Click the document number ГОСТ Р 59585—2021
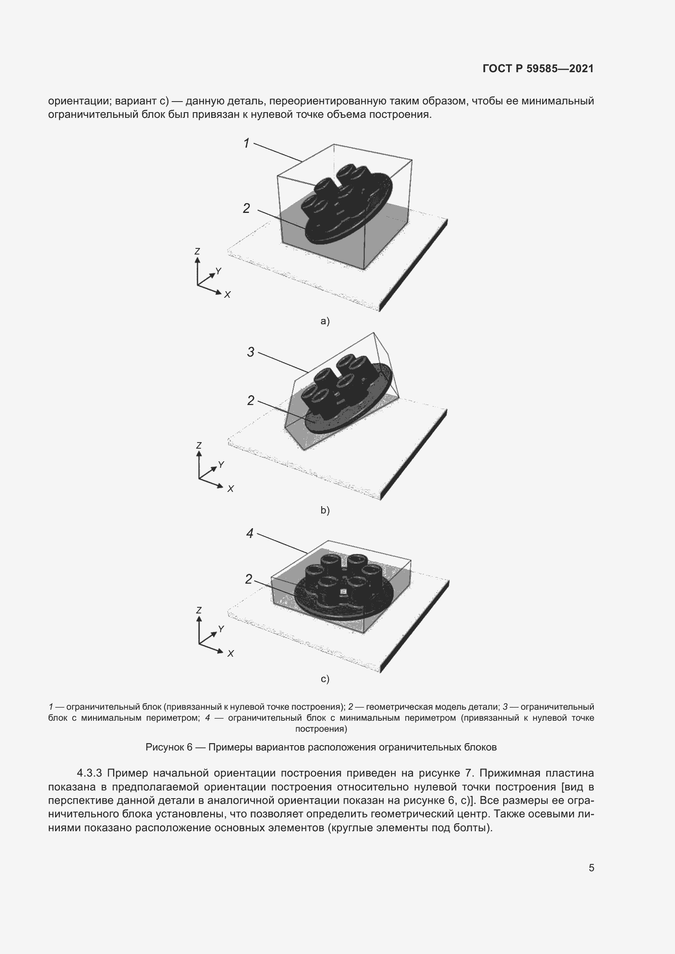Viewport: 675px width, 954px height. pos(538,69)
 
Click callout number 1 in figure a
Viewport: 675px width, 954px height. pos(246,143)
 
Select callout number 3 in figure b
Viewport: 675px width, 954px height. pos(251,352)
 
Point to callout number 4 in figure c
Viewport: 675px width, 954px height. pos(250,533)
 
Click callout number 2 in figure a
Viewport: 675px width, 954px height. pos(246,208)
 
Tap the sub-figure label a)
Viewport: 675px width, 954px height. pos(325,321)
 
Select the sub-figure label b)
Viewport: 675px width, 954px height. pos(325,510)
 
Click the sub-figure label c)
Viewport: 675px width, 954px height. pos(325,679)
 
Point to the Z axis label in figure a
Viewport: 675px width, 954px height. pos(197,251)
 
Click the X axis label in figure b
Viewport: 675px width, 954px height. pos(231,489)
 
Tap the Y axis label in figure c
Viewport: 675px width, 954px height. pos(221,629)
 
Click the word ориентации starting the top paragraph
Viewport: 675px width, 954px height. pos(79,101)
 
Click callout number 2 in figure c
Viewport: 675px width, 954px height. pos(249,579)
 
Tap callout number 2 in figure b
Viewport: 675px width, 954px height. pos(251,400)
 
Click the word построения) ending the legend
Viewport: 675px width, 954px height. pos(321,728)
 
